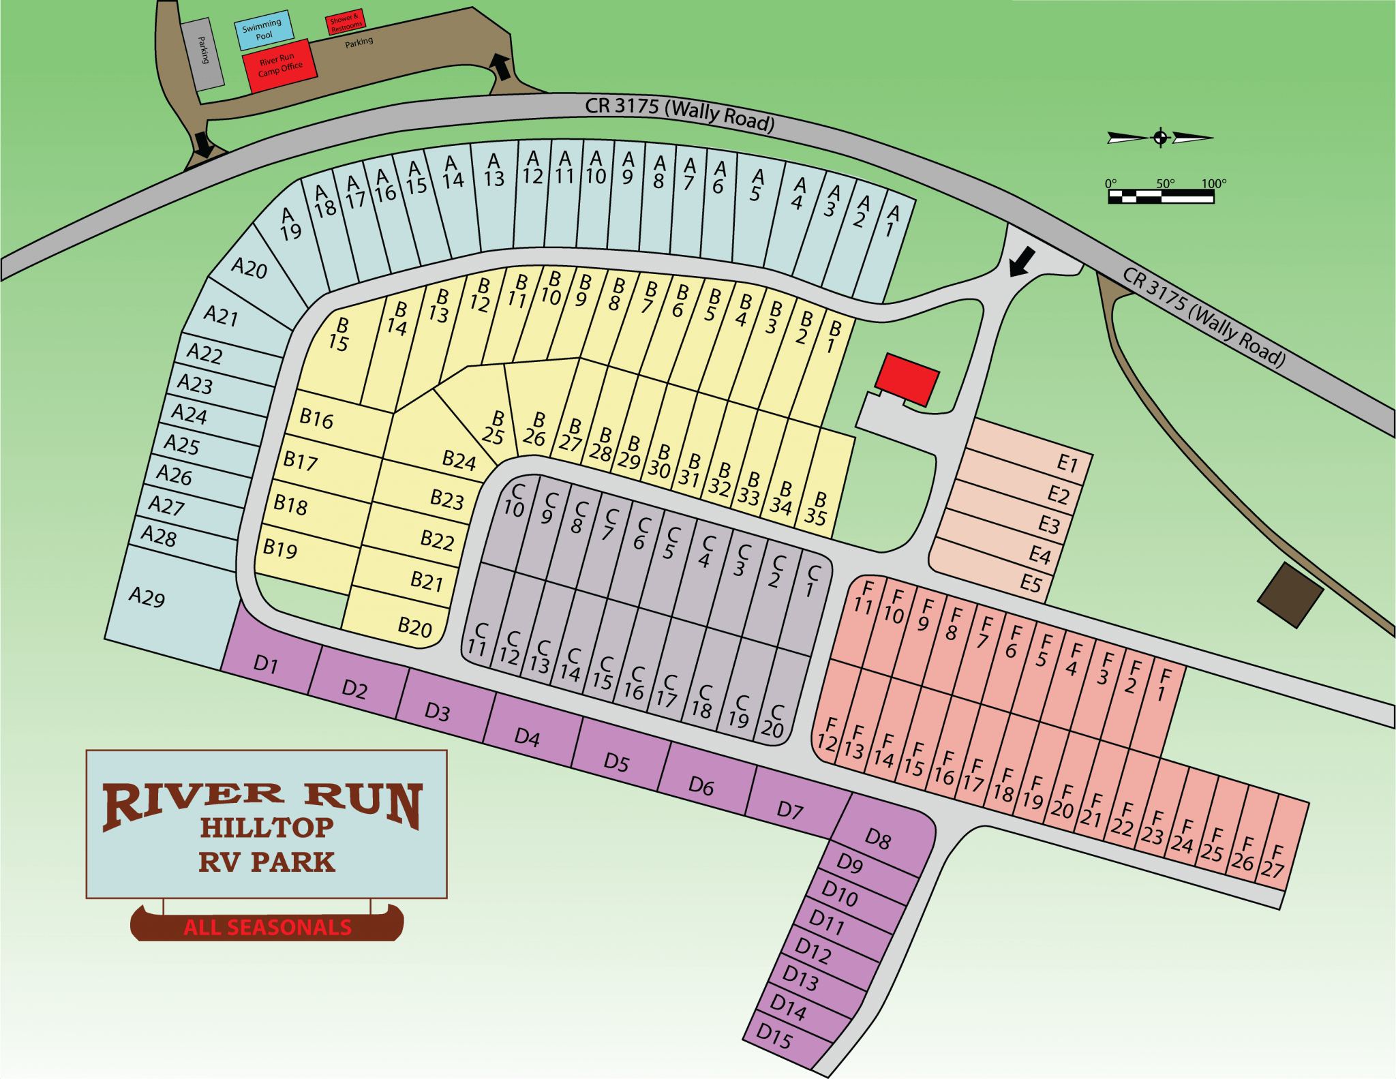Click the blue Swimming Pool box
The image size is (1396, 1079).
tap(264, 30)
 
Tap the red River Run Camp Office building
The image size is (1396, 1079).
tap(279, 66)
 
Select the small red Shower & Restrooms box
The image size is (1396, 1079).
tap(345, 22)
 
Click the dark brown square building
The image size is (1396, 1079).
tap(1290, 595)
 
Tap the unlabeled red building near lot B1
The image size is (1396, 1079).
tap(907, 380)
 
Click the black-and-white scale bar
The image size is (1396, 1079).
tap(1160, 197)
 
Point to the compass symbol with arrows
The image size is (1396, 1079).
tap(1160, 138)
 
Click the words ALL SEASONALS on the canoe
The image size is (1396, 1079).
tap(267, 928)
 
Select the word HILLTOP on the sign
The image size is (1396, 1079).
tap(267, 827)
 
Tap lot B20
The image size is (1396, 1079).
tap(402, 620)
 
